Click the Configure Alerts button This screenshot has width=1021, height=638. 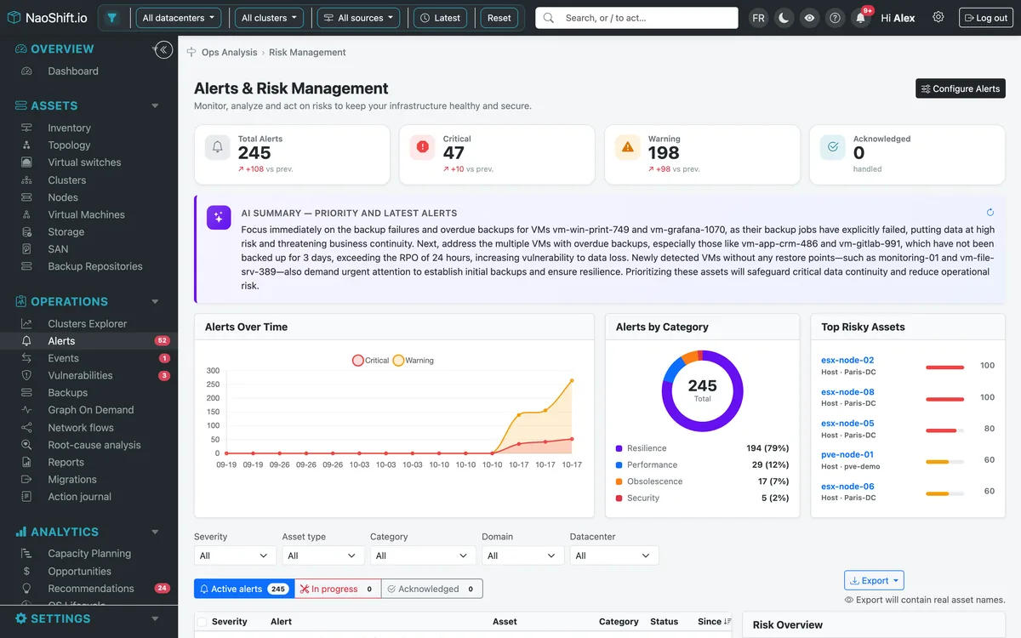tap(960, 88)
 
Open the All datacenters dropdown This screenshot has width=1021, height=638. tap(178, 18)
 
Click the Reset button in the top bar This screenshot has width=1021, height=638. tap(499, 18)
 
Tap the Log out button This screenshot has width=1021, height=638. tap(985, 18)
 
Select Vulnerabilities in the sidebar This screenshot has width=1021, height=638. tap(80, 375)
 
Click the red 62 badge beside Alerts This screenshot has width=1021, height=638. tap(162, 340)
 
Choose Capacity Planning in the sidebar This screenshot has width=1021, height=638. tap(89, 553)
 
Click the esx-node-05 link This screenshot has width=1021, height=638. tap(847, 423)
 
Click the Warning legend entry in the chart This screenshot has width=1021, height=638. tap(413, 361)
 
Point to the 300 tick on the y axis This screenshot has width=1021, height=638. tap(213, 371)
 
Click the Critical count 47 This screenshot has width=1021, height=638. tap(453, 152)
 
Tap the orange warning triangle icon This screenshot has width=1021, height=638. tap(628, 146)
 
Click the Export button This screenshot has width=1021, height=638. tap(874, 580)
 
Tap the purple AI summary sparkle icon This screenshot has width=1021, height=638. tap(219, 218)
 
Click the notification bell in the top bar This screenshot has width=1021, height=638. tap(860, 18)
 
